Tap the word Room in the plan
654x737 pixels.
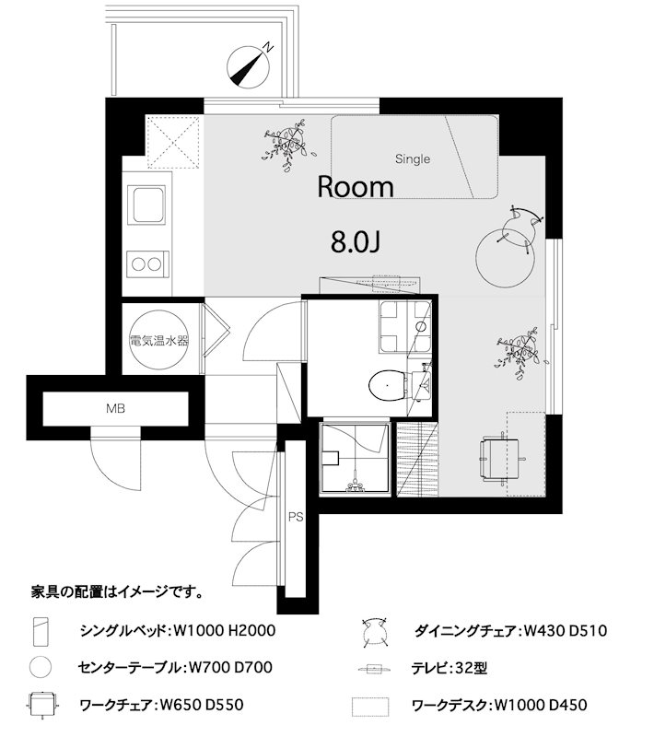tap(356, 187)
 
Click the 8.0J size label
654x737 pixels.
tap(356, 241)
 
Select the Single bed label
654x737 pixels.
tap(413, 159)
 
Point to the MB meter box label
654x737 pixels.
tap(115, 407)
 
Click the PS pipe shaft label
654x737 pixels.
tap(296, 518)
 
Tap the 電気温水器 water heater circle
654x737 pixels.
tap(159, 339)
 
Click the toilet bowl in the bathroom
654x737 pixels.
tap(388, 383)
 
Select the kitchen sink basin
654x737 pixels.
tap(148, 202)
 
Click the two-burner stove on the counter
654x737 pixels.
tap(148, 264)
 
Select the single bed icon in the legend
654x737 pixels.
tap(40, 631)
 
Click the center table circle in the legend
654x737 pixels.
tap(40, 666)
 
